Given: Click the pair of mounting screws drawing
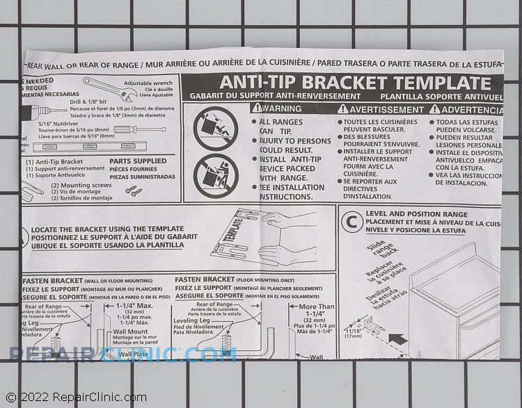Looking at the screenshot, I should point(133,191).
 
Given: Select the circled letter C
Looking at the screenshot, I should point(351,221).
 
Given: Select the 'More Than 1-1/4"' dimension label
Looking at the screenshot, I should point(317,311).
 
